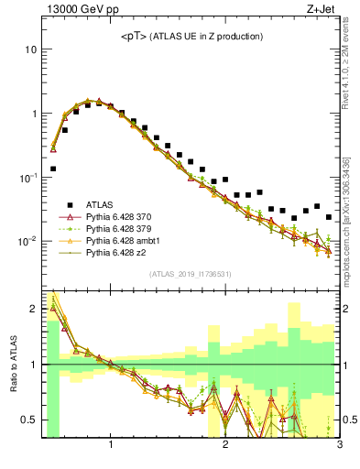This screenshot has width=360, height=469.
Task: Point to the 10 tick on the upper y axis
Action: coord(30,49)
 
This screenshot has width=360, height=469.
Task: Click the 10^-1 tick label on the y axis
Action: coord(27,178)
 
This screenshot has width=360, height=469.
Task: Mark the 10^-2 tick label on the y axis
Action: coord(27,242)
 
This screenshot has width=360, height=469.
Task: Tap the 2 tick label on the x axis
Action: coord(225,446)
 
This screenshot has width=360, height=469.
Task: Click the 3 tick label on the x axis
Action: coord(339,446)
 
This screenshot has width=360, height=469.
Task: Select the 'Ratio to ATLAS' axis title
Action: coord(13,365)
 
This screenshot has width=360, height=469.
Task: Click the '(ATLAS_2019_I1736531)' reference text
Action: coord(191,274)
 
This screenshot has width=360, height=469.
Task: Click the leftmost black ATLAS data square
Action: coord(53,169)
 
